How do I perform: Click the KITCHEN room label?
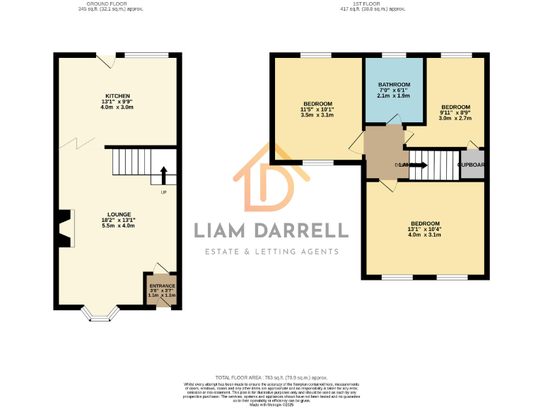pyautogui.click(x=118, y=95)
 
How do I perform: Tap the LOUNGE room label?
pyautogui.click(x=118, y=214)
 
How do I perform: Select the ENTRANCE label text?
pyautogui.click(x=162, y=285)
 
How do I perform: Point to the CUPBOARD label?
pyautogui.click(x=472, y=165)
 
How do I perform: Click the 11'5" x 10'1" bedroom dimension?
pyautogui.click(x=316, y=110)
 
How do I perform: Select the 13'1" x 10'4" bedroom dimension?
pyautogui.click(x=424, y=230)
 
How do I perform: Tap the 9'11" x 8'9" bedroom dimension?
pyautogui.click(x=455, y=113)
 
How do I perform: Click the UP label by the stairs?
pyautogui.click(x=163, y=192)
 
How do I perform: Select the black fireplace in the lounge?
pyautogui.click(x=65, y=229)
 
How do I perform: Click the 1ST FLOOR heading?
pyautogui.click(x=372, y=4)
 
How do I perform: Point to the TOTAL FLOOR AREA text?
pyautogui.click(x=271, y=378)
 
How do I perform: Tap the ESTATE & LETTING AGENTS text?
pyautogui.click(x=271, y=252)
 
